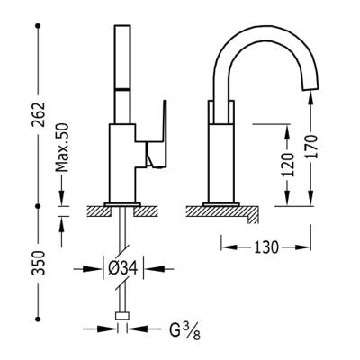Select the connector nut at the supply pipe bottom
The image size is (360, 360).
coord(121,317)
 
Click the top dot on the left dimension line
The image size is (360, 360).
coord(39,25)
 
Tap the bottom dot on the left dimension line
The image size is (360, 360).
coord(39,318)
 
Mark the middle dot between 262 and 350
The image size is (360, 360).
coord(39,206)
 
